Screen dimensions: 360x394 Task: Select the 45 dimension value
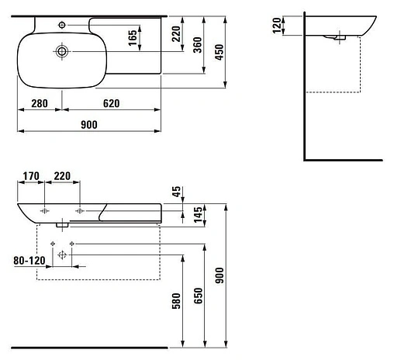pos(176,190)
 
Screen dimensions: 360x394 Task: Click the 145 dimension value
pos(176,213)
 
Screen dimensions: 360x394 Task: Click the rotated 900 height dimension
pos(220,275)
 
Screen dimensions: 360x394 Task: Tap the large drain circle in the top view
pos(61,51)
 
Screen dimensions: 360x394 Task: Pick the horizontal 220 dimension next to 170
pos(62,176)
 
